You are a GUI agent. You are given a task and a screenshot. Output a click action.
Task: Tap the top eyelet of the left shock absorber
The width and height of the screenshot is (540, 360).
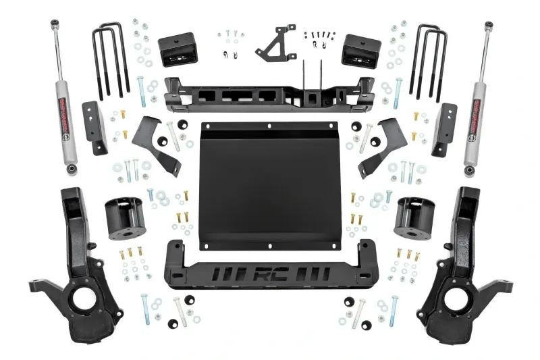point(51,26)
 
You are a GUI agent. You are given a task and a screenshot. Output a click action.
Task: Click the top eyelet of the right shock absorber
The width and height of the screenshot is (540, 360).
point(488,26)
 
